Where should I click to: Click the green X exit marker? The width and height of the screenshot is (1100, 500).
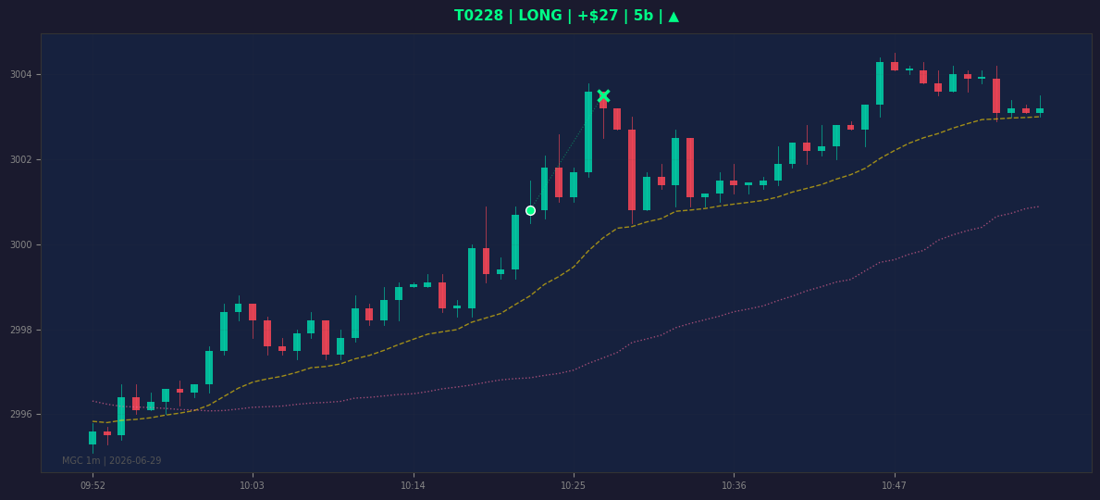tap(603, 96)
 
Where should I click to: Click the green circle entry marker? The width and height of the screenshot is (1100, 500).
tap(530, 211)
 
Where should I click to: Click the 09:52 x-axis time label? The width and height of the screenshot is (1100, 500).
tap(93, 485)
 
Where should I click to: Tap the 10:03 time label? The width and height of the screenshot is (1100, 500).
tap(252, 485)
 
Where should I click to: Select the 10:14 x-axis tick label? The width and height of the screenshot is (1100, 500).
tap(413, 485)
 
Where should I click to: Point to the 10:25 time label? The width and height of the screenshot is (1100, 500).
tap(574, 485)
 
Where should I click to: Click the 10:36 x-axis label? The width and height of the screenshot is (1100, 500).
tap(734, 485)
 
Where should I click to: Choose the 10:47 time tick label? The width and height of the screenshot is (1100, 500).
tap(894, 485)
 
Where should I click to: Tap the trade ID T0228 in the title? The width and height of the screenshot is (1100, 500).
tap(479, 16)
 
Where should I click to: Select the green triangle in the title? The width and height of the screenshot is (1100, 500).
tap(674, 16)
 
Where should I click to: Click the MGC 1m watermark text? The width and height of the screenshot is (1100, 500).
tap(112, 461)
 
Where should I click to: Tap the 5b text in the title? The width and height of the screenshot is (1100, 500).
tap(643, 16)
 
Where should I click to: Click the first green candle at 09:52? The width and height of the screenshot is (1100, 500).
tap(93, 437)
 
